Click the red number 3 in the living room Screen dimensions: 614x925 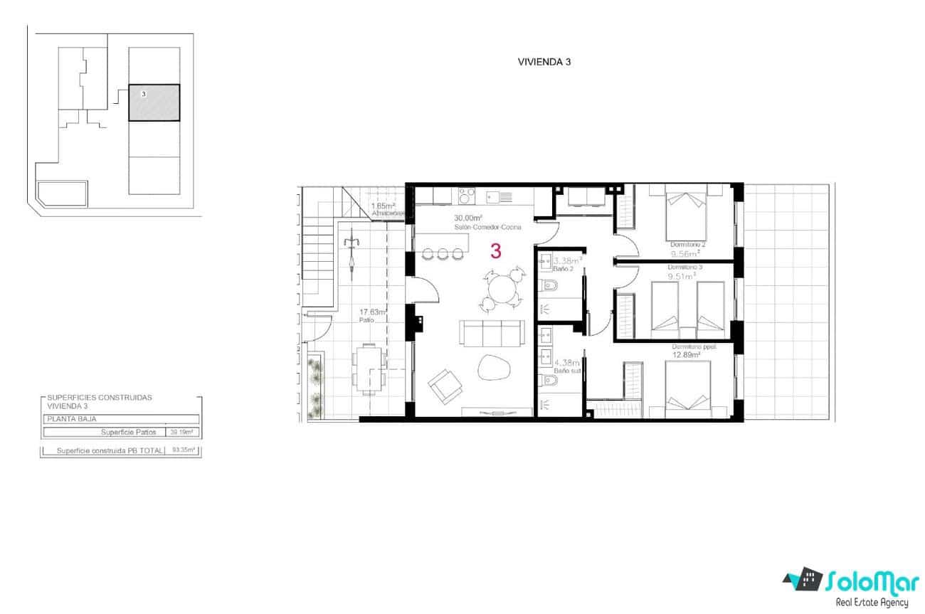click(496, 251)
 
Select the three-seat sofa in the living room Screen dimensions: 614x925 click(490, 332)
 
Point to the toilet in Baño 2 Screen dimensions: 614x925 click(546, 287)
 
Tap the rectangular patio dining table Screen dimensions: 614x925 click(368, 367)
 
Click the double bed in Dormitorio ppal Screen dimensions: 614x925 click(687, 388)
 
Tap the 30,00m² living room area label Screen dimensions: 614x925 click(469, 218)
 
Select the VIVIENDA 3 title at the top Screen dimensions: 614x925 click(544, 62)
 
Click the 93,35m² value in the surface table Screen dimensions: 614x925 click(184, 450)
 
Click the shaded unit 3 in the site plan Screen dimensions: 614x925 click(154, 103)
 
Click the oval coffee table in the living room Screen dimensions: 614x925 click(493, 368)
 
